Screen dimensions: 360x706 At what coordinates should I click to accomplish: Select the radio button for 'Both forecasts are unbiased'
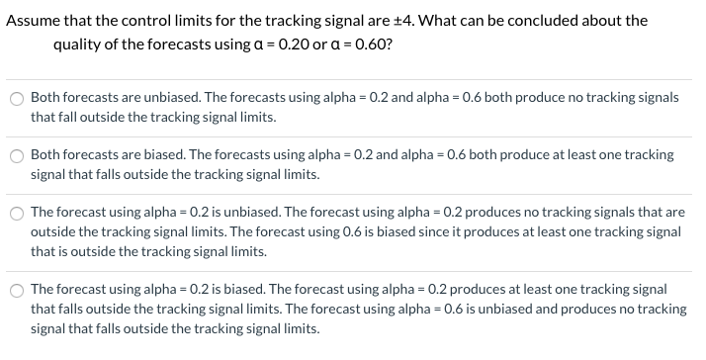16,99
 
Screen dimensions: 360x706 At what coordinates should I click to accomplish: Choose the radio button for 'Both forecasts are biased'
16,156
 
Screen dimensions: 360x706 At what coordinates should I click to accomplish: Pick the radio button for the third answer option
16,214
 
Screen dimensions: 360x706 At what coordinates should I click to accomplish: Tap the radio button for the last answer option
16,290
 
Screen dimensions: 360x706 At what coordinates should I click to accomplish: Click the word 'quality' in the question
79,45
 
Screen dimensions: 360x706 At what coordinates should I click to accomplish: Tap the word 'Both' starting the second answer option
45,155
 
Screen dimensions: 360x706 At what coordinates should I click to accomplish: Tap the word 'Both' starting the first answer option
45,98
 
